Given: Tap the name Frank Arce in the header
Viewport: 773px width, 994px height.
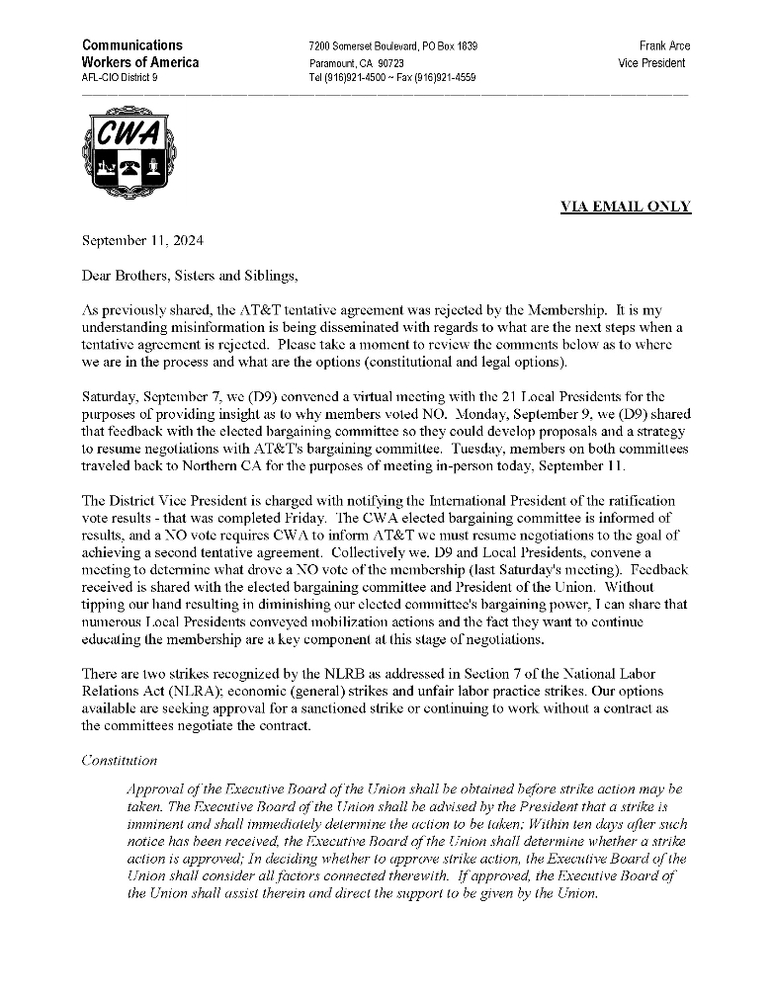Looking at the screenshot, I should pyautogui.click(x=664, y=46).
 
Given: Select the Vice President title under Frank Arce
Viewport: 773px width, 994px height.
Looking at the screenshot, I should pyautogui.click(x=651, y=63).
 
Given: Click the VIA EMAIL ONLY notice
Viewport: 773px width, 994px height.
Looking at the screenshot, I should pyautogui.click(x=626, y=207).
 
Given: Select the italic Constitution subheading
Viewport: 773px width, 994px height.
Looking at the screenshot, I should pyautogui.click(x=119, y=760).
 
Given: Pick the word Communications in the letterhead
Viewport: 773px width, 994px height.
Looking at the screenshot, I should pyautogui.click(x=132, y=45).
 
